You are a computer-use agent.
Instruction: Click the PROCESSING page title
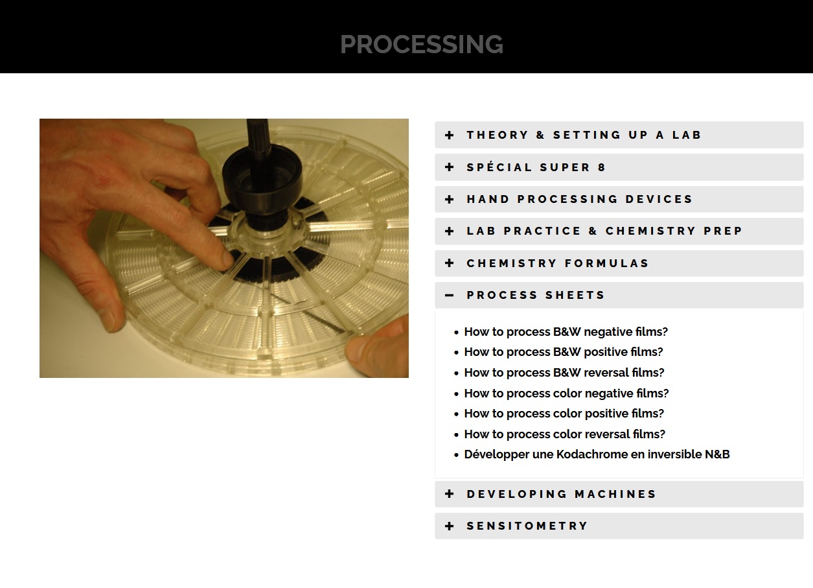(x=421, y=45)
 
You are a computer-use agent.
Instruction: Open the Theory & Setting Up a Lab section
(x=584, y=135)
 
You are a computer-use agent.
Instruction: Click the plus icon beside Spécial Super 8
(x=450, y=167)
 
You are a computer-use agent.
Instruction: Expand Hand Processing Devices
(x=580, y=199)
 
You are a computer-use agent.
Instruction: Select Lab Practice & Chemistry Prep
(x=604, y=231)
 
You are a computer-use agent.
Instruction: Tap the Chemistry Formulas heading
(x=558, y=263)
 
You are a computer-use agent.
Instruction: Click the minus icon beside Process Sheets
(x=450, y=295)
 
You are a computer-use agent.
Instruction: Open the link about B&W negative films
(x=566, y=331)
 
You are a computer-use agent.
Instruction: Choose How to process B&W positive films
(x=564, y=352)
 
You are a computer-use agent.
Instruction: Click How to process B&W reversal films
(x=564, y=373)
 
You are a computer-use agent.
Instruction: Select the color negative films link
(x=566, y=394)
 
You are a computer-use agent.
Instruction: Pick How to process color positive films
(x=564, y=414)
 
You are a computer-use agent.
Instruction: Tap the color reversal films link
(x=565, y=434)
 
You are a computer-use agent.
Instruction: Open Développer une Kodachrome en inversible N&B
(x=597, y=454)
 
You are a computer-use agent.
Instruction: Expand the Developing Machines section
(x=561, y=494)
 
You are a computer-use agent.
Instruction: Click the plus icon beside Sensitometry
(x=450, y=526)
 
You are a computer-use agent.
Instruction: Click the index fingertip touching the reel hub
(x=227, y=260)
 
